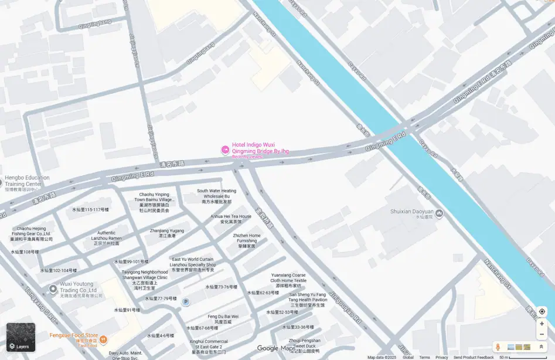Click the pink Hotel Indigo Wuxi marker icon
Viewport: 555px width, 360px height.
click(x=224, y=151)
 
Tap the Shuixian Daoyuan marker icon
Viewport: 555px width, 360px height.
click(x=439, y=212)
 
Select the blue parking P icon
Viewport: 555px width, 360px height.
click(x=186, y=302)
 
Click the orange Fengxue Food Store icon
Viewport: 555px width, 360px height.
click(x=103, y=339)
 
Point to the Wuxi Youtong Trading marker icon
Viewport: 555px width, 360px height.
click(x=53, y=288)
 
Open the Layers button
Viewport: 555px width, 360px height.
click(x=21, y=337)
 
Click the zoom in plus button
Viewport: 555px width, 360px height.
click(x=542, y=324)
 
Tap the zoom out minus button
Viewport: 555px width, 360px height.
click(x=542, y=334)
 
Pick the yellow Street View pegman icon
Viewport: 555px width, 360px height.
click(x=498, y=347)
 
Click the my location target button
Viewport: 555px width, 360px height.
click(x=542, y=311)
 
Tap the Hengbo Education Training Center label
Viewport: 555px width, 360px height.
click(x=27, y=181)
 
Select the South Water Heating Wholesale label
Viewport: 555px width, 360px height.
click(x=216, y=196)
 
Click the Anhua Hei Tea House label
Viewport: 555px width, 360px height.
click(x=231, y=219)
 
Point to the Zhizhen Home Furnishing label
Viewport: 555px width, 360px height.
click(x=247, y=240)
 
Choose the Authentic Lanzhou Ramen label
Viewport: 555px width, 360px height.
click(x=106, y=238)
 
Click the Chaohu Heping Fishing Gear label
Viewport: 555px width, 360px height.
click(x=31, y=233)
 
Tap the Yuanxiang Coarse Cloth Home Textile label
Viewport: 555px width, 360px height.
click(x=288, y=280)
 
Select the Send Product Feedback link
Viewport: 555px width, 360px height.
click(x=474, y=357)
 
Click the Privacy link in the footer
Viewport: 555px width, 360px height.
click(x=441, y=357)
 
